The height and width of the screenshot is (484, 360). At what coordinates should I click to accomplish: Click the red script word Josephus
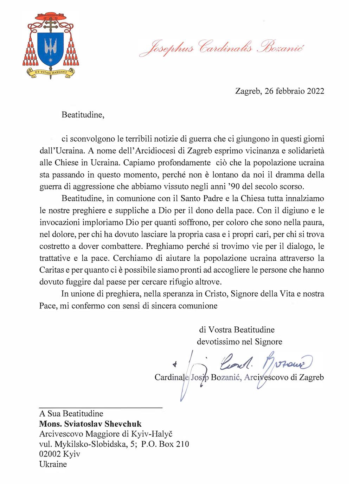coord(167,48)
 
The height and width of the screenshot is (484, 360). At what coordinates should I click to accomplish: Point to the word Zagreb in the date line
coord(247,91)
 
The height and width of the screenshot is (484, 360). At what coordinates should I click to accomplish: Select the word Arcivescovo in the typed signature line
coord(262,377)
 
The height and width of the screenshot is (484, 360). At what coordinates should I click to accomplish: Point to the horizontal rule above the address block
coord(101,407)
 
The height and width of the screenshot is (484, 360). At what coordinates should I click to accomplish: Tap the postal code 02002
coord(50,454)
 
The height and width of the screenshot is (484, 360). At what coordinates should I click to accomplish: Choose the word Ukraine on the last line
coord(53,464)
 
